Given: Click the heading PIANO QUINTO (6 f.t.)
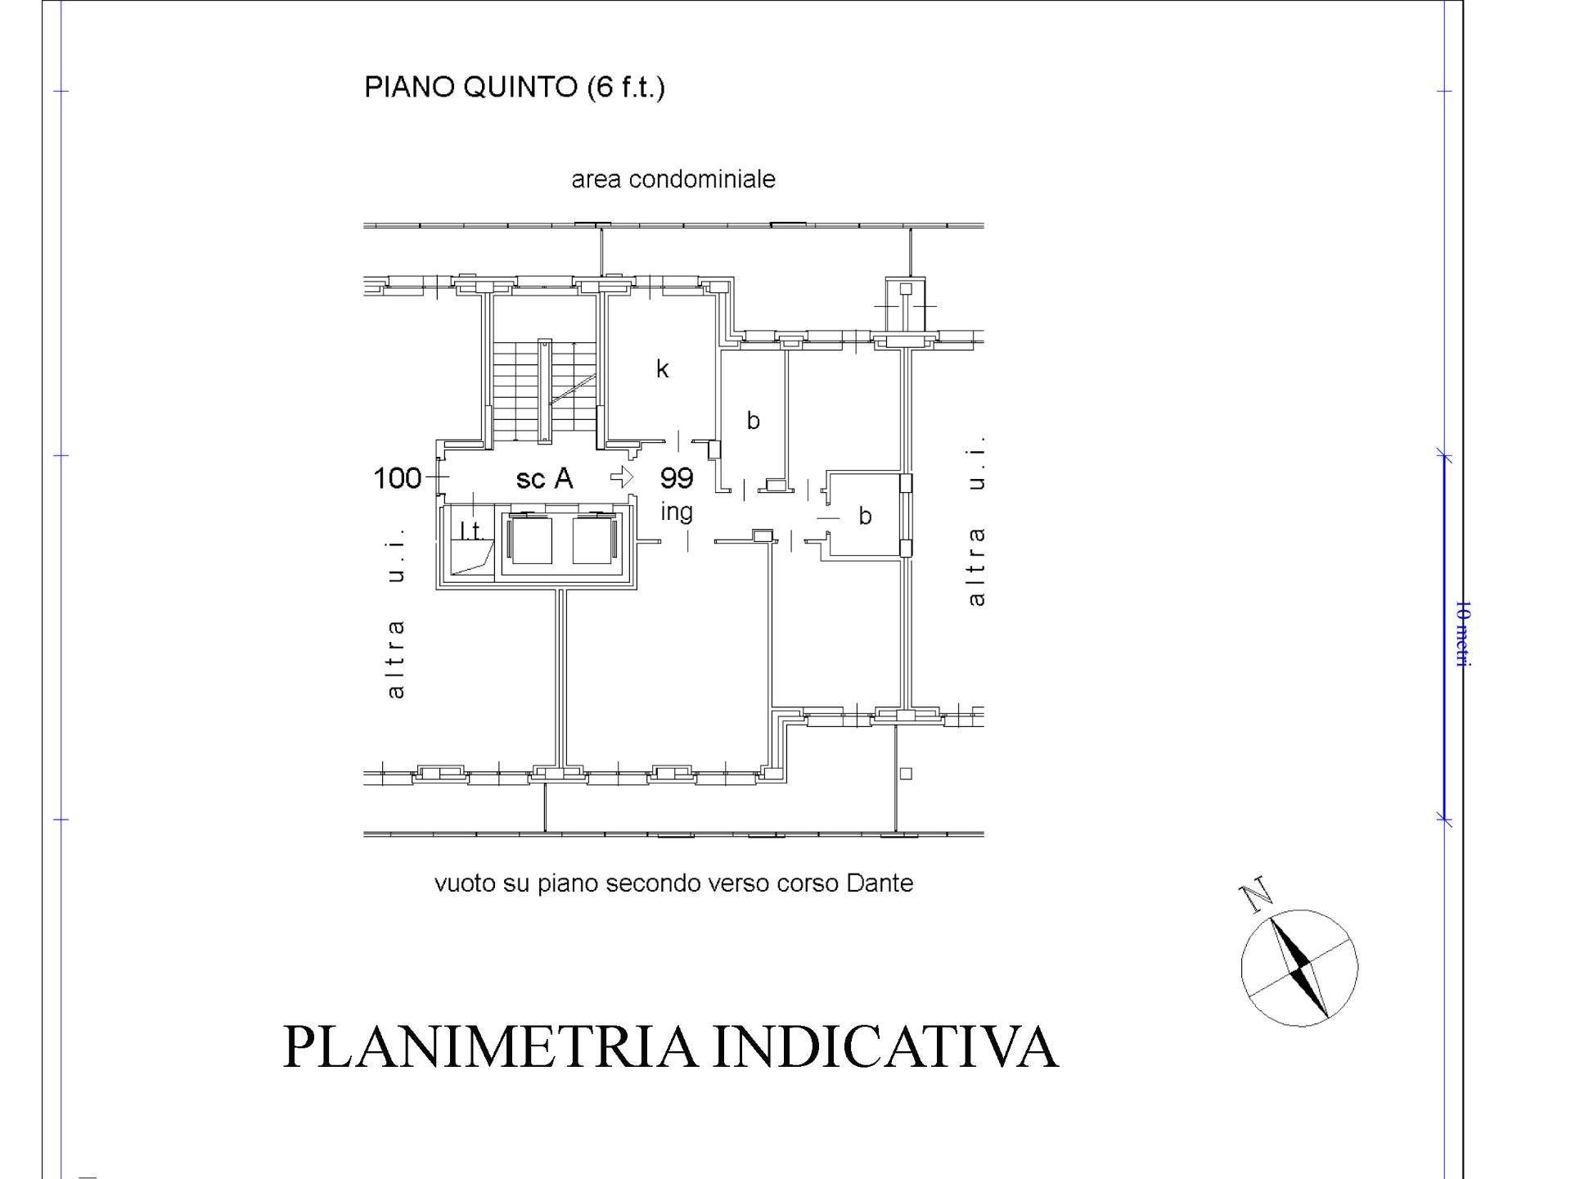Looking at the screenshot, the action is [514, 87].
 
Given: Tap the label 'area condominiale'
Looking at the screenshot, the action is [673, 179].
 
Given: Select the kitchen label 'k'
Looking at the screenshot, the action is [663, 368].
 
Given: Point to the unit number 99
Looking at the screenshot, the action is [677, 477].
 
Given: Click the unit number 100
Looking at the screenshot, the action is [398, 478].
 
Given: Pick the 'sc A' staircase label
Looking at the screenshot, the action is [544, 478].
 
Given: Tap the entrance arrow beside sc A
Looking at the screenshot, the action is [622, 477].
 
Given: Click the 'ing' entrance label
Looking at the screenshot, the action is [677, 513].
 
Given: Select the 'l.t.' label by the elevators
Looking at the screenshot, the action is [472, 531].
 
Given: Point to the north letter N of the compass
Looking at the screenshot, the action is [1257, 896].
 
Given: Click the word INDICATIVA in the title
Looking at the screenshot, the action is [886, 1046].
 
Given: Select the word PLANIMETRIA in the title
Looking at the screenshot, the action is [490, 1046].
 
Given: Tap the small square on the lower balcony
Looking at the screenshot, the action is [906, 773].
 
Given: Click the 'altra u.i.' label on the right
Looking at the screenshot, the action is [975, 522].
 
